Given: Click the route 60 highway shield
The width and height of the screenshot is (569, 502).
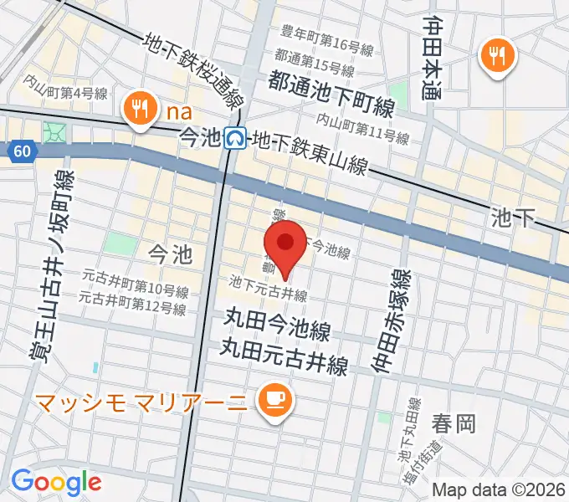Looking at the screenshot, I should coord(22,151).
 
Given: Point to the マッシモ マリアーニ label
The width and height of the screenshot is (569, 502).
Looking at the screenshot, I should coord(139,402).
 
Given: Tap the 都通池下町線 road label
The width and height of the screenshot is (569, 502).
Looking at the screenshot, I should coord(331,82).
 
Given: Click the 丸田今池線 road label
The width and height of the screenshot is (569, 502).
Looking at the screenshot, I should coord(276,320).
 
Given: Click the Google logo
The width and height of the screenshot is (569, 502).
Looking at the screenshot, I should coord(56,481).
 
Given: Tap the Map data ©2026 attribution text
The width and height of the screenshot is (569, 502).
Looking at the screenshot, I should coord(500,489).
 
